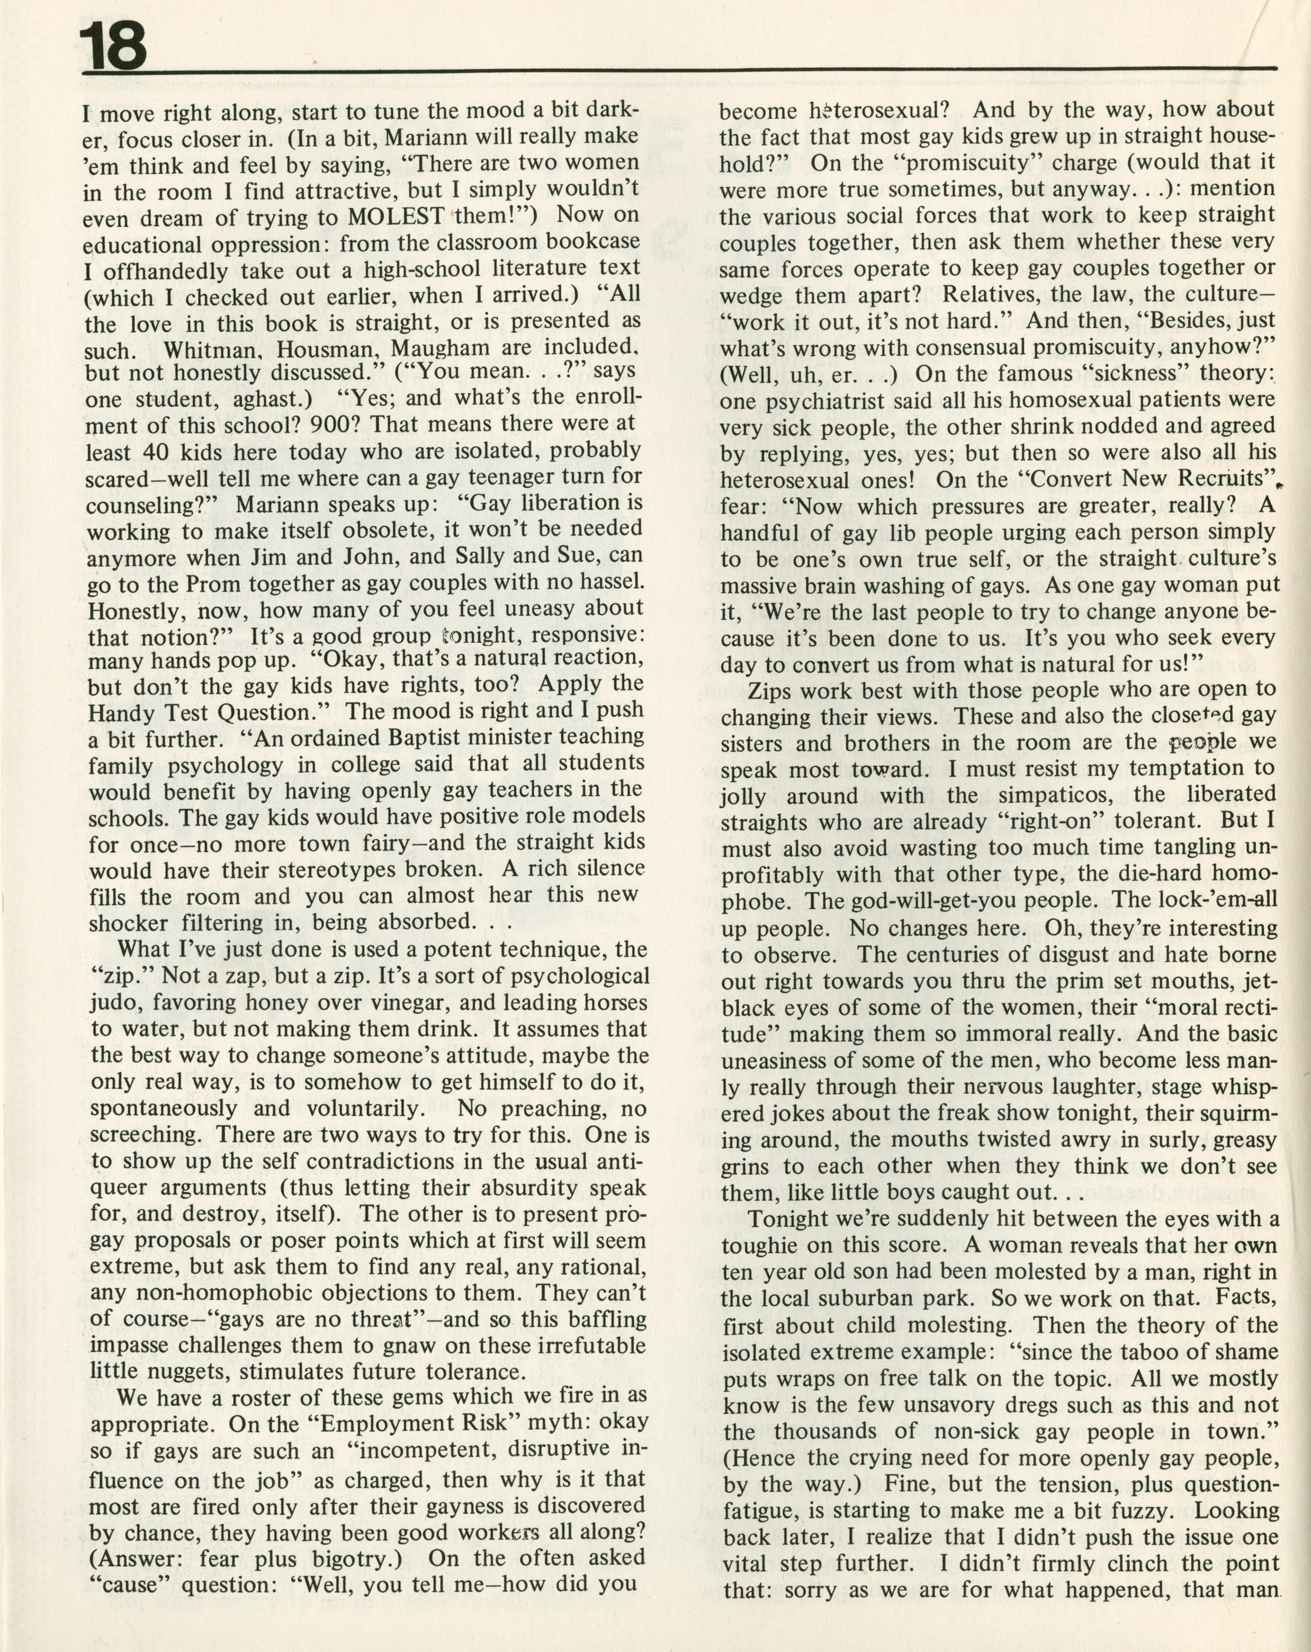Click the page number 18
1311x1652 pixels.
click(x=115, y=48)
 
